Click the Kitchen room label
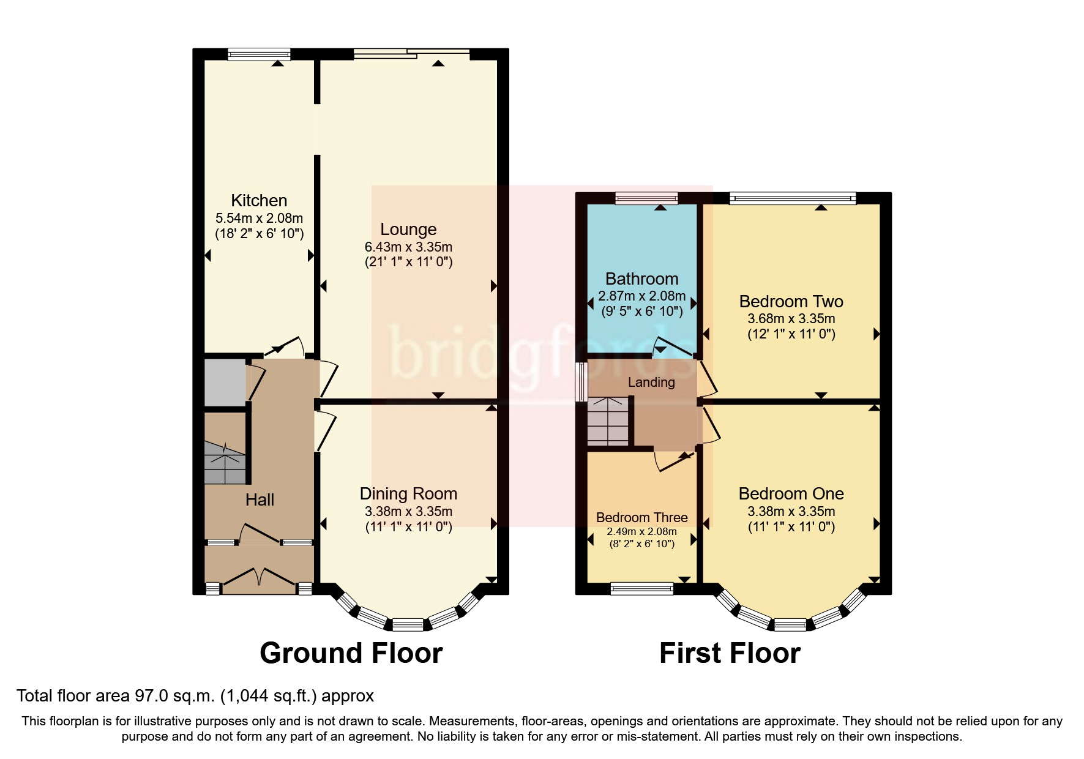tap(259, 200)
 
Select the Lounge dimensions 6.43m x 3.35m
tap(408, 247)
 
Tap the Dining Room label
tap(408, 493)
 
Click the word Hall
tap(260, 499)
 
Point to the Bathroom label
tap(641, 279)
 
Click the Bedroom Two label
tap(791, 301)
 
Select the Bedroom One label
tap(791, 493)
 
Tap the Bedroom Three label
tap(641, 517)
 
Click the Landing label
tap(651, 382)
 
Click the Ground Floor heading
tap(351, 653)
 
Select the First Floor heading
tap(730, 653)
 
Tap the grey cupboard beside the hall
tap(224, 383)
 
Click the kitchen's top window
tap(259, 54)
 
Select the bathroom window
tap(646, 198)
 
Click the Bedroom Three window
tap(641, 589)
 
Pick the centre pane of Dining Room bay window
tap(408, 624)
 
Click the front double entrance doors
tap(259, 580)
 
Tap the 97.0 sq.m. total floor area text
tap(195, 695)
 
